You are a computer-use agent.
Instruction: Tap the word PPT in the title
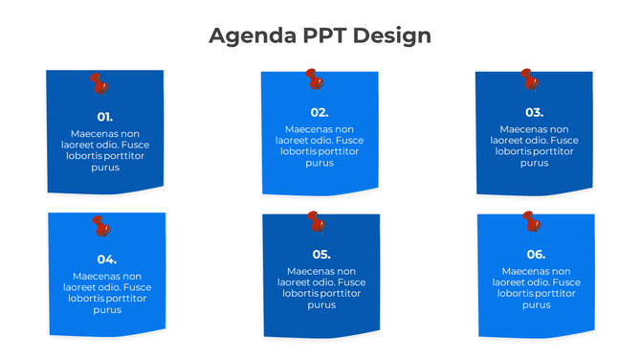(x=324, y=36)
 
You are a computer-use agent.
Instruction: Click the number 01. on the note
(x=105, y=117)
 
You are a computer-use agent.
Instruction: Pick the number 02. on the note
(x=320, y=112)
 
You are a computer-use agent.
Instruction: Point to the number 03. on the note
(x=534, y=112)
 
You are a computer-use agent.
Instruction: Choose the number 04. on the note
(x=107, y=259)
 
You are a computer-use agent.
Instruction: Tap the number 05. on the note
(x=321, y=254)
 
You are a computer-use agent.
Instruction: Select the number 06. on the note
(x=536, y=254)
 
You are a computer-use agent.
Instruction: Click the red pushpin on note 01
(x=99, y=84)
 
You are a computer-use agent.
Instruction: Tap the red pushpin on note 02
(x=313, y=79)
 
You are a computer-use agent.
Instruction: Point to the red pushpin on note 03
(x=528, y=79)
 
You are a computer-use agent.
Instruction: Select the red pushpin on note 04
(x=100, y=226)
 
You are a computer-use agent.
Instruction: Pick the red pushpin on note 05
(x=316, y=222)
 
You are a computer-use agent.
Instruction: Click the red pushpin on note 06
(x=531, y=222)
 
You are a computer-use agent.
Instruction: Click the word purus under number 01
(x=105, y=168)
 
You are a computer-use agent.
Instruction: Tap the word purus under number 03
(x=534, y=163)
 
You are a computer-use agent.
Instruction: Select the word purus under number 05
(x=321, y=304)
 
